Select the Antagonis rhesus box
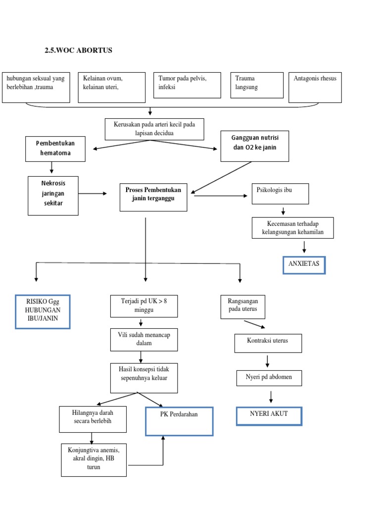[315, 88]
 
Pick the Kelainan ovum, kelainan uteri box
[111, 88]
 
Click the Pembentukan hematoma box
[55, 149]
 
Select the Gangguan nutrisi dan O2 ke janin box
[254, 146]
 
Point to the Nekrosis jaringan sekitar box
[53, 195]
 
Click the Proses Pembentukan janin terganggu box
[153, 197]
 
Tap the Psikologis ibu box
[280, 194]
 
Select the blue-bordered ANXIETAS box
[304, 264]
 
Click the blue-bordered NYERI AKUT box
[269, 416]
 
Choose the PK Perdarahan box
[179, 421]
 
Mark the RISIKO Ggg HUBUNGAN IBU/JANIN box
[43, 311]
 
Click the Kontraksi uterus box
[268, 343]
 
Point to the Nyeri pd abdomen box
[269, 378]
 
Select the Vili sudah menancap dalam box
[144, 339]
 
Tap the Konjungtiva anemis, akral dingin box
[94, 460]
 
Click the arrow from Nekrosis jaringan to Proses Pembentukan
[93, 194]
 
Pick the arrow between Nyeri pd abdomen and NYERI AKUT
[271, 397]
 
